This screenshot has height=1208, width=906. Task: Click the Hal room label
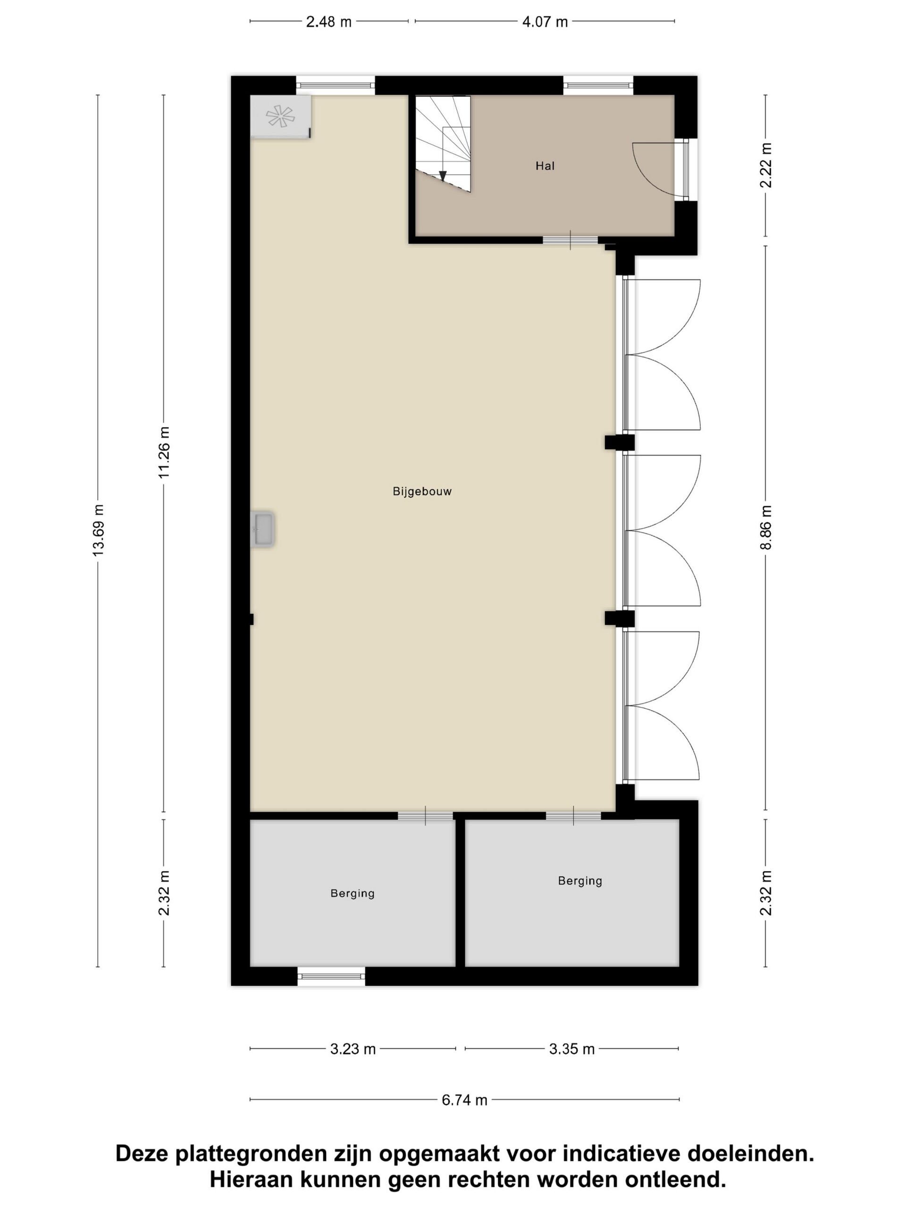(545, 166)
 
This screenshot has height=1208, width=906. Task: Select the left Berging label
(352, 893)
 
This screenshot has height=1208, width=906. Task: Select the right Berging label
(580, 881)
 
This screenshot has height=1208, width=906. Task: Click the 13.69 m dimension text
(98, 530)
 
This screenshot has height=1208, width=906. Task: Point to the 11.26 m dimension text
(164, 453)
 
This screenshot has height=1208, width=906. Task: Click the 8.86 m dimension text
(766, 528)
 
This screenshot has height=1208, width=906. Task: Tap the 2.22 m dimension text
(766, 165)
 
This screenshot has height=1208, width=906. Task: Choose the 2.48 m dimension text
(328, 22)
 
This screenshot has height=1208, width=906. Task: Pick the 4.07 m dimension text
(545, 22)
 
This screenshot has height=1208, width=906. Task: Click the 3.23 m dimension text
(353, 1049)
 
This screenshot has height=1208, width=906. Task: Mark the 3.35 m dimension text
(572, 1049)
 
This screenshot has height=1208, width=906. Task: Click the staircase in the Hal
(443, 143)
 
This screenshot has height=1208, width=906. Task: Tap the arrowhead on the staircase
(443, 176)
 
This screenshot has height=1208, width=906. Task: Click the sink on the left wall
(263, 528)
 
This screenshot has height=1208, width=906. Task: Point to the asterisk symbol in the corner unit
(280, 117)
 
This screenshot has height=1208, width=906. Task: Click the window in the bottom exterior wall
(331, 976)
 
